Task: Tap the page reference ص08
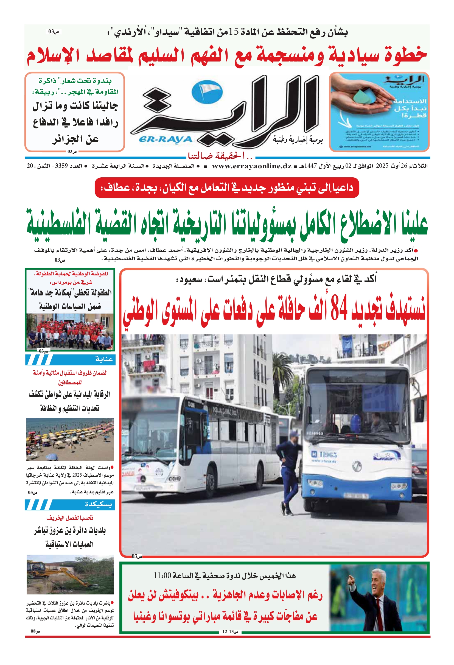(x=35, y=631)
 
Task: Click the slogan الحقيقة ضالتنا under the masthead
(x=220, y=156)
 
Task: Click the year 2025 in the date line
(x=382, y=166)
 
